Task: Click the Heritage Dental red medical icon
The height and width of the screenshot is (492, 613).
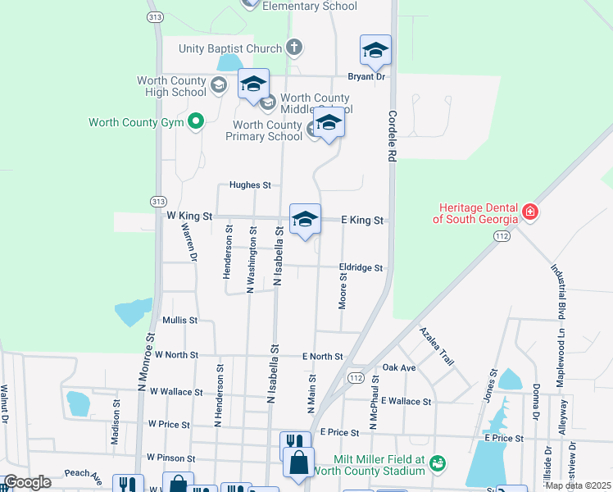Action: tap(531, 212)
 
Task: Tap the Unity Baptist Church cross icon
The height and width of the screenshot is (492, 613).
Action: tap(294, 48)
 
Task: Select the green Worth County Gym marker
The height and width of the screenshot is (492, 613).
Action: tap(195, 123)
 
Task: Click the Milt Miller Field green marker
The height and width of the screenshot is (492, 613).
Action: tap(438, 464)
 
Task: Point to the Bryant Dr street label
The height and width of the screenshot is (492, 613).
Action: tap(366, 76)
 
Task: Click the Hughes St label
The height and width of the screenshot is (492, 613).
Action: tap(250, 185)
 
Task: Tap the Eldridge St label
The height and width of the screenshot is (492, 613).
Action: tap(361, 268)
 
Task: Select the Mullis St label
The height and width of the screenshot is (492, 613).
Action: tap(179, 320)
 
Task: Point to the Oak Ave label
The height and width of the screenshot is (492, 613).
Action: tap(399, 367)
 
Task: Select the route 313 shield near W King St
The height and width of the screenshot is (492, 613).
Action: tap(155, 201)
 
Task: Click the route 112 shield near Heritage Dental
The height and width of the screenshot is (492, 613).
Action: tap(500, 236)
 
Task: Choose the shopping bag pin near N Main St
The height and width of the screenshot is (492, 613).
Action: tap(298, 462)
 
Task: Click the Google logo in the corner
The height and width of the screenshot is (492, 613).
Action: tap(27, 482)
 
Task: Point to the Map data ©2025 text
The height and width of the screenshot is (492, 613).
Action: tap(578, 485)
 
